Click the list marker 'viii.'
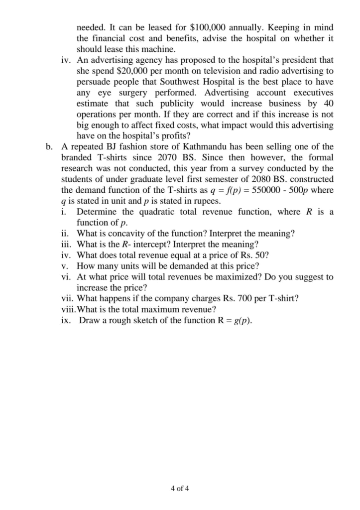tap(67, 310)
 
